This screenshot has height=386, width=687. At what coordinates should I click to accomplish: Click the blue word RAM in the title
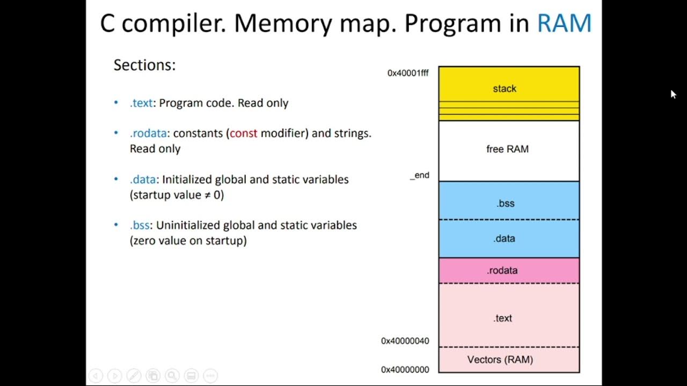pyautogui.click(x=564, y=24)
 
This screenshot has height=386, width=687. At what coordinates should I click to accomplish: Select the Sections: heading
pyautogui.click(x=144, y=65)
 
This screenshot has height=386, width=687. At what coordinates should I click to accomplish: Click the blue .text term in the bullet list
pyautogui.click(x=141, y=103)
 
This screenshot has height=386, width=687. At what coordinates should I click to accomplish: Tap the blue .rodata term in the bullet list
pyautogui.click(x=148, y=133)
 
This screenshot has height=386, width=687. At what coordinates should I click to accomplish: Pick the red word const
pyautogui.click(x=244, y=133)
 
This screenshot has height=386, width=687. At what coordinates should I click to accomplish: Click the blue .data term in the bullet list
pyautogui.click(x=143, y=180)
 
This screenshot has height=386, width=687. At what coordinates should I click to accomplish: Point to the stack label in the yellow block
pyautogui.click(x=505, y=88)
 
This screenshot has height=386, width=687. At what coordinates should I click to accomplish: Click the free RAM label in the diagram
pyautogui.click(x=507, y=149)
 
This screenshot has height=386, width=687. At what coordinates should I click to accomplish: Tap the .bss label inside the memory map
pyautogui.click(x=505, y=203)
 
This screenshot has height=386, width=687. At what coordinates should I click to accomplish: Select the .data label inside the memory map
pyautogui.click(x=504, y=239)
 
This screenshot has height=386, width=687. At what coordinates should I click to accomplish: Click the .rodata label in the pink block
pyautogui.click(x=502, y=270)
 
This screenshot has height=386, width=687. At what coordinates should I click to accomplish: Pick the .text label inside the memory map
pyautogui.click(x=502, y=318)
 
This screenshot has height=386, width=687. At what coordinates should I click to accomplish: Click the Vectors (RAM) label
pyautogui.click(x=500, y=359)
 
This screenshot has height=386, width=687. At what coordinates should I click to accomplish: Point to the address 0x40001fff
pyautogui.click(x=408, y=73)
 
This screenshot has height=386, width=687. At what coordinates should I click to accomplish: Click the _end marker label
pyautogui.click(x=420, y=175)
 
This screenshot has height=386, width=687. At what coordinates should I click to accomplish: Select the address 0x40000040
pyautogui.click(x=405, y=341)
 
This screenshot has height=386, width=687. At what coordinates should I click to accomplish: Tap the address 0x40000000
pyautogui.click(x=405, y=369)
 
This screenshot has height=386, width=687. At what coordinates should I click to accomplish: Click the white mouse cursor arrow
pyautogui.click(x=673, y=94)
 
